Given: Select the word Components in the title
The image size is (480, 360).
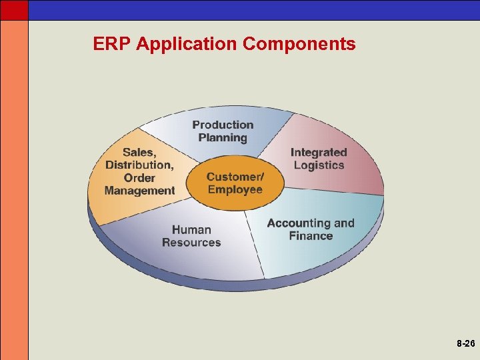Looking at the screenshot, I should pos(299,45).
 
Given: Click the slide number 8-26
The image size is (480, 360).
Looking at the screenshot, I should pos(466,345).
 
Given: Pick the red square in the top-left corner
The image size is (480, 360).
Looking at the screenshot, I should pos(14,9).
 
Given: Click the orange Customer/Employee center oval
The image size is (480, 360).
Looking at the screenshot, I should pos(235,183).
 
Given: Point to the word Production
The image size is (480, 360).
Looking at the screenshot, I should pos(223,125).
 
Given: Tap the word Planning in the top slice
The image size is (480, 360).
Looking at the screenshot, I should pos(223,138).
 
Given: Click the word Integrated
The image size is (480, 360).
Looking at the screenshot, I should pos(319,153).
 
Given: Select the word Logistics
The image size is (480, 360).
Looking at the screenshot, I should pos(319,165).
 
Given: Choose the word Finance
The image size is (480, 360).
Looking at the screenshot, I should pos(311,236).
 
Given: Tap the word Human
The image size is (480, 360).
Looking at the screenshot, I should pos(191,230).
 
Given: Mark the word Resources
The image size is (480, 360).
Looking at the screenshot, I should pos(191,243).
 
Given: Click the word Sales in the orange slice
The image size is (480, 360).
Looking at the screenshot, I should pos(137,152).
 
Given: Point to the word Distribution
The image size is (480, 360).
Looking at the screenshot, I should pos(139,165).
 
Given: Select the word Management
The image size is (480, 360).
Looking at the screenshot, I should pos(139,191).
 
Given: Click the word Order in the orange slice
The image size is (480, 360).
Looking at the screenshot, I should pos(139,178).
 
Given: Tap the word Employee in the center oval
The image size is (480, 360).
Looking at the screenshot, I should pos(235,189).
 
